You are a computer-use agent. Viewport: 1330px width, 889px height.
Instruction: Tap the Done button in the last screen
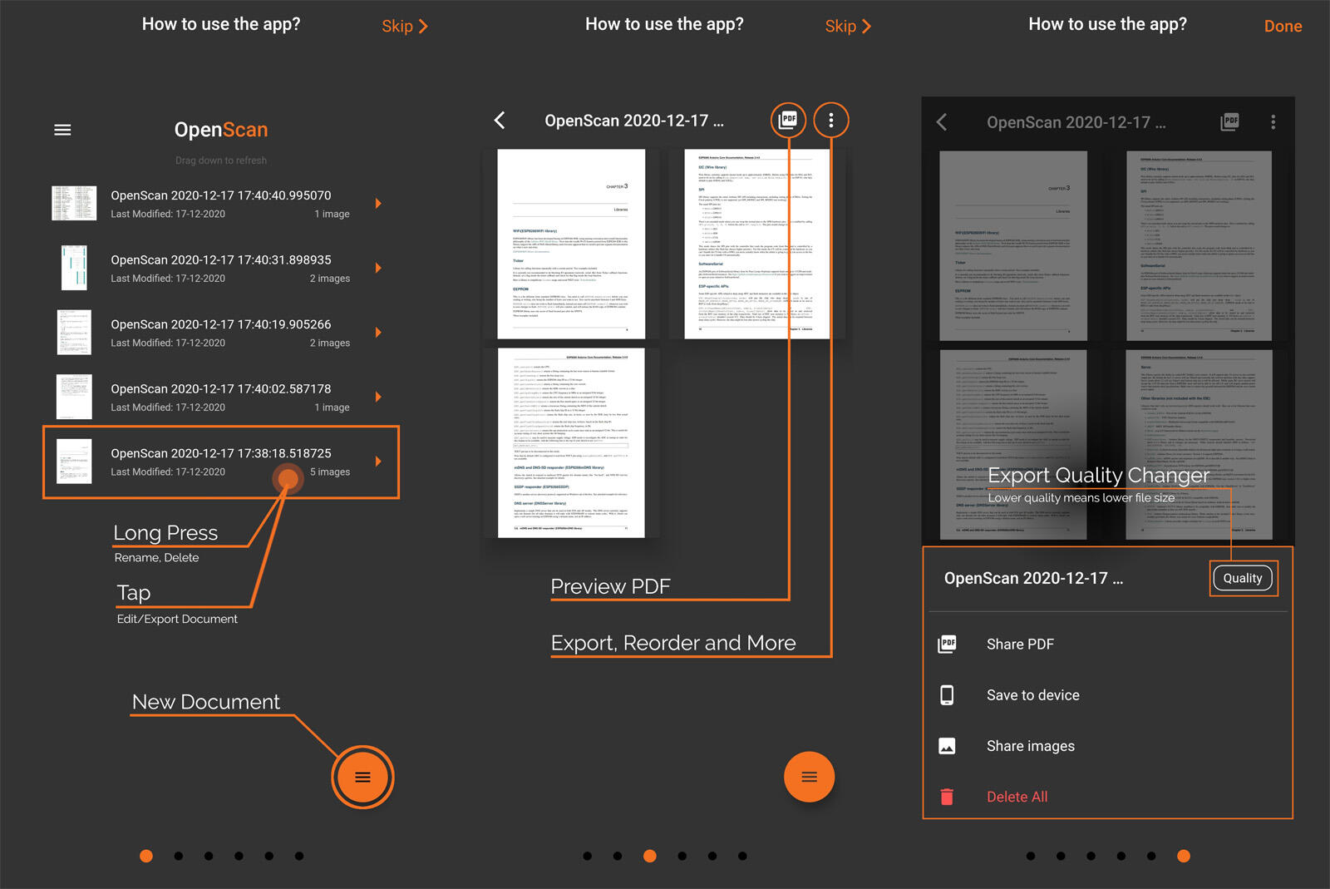click(1282, 27)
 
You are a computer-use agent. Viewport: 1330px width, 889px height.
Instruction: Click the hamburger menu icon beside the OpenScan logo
click(62, 130)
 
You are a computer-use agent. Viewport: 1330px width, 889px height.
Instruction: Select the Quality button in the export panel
click(1242, 578)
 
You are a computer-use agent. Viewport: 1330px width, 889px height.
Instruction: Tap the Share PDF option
click(1019, 645)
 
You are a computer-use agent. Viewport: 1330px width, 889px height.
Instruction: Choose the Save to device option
click(1032, 695)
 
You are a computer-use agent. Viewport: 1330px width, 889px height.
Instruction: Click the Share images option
click(1030, 746)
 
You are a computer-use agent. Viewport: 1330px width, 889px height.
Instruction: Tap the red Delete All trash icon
click(947, 797)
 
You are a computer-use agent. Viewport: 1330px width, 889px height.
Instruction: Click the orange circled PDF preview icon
click(788, 121)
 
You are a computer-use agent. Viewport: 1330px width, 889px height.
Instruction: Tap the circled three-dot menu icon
click(830, 121)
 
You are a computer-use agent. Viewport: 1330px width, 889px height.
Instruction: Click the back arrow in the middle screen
click(500, 121)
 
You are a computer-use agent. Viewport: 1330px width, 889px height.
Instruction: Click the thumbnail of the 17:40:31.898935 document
click(74, 268)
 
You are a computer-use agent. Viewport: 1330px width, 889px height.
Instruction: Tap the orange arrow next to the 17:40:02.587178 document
click(378, 397)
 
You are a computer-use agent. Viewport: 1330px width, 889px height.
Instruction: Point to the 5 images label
click(330, 472)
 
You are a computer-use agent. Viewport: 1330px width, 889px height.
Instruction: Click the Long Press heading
click(165, 533)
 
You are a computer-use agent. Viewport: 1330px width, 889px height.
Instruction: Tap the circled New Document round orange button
click(362, 778)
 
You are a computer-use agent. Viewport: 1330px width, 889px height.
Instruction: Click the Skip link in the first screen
click(404, 27)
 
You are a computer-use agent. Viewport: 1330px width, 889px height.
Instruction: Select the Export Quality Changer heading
click(1097, 476)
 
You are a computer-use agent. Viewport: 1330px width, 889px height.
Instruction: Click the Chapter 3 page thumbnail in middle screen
click(571, 244)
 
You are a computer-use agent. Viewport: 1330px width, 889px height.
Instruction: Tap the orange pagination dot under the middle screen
click(650, 856)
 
